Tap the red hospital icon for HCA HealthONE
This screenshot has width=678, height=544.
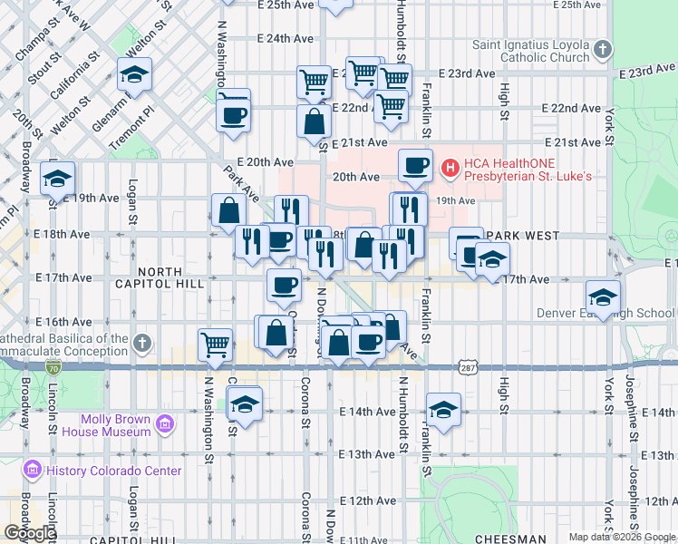[448, 168]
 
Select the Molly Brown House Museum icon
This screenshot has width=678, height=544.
[164, 424]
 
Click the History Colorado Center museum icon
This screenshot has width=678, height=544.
[34, 470]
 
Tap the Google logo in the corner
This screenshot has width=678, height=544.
[29, 533]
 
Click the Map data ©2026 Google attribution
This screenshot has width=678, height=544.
[622, 537]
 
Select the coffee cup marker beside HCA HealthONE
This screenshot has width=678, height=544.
[415, 165]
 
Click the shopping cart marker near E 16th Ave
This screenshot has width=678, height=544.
[215, 344]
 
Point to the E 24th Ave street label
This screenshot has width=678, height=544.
[285, 39]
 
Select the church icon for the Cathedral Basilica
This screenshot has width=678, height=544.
[141, 343]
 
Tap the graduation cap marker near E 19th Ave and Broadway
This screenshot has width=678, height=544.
[57, 178]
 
